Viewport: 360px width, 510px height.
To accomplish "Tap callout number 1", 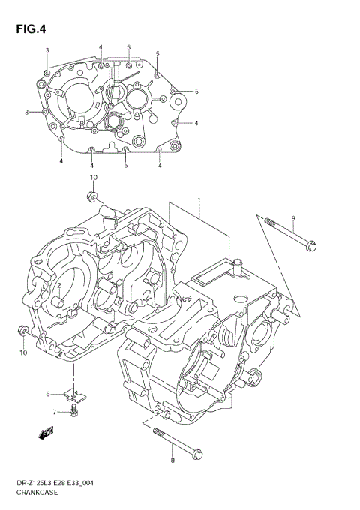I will (199, 202).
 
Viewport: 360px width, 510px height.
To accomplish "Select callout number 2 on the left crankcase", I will (58, 286).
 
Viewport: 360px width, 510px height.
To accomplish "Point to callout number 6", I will (47, 393).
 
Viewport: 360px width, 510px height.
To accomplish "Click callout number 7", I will (54, 412).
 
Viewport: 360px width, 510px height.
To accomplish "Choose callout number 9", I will (294, 218).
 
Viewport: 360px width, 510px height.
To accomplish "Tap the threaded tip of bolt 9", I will (266, 220).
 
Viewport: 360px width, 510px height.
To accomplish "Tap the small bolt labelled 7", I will (73, 412).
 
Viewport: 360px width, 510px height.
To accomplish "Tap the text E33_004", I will (96, 484).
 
